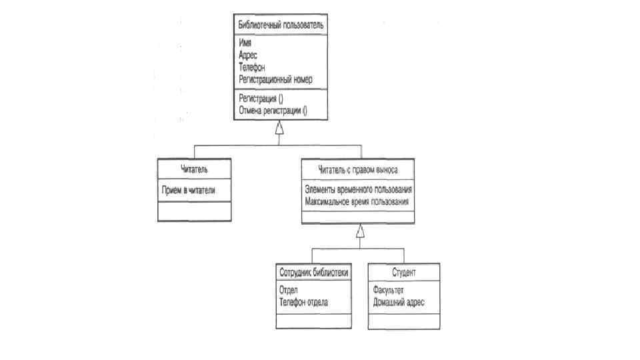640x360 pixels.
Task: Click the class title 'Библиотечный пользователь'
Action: coord(281,25)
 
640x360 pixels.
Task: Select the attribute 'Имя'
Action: coord(244,45)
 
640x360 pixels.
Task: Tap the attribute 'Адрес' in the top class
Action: coord(248,55)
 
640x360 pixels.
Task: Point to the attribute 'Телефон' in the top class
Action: coord(252,67)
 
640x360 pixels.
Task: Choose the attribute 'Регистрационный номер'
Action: coord(275,79)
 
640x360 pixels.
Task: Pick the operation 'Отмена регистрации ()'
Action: coord(272,109)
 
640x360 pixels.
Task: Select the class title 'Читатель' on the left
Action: coord(194,169)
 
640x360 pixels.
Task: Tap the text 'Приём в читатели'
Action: coord(189,190)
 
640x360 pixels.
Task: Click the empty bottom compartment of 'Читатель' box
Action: coord(194,211)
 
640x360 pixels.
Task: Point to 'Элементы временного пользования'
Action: coord(358,189)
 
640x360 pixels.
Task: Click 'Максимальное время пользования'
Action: coord(356,201)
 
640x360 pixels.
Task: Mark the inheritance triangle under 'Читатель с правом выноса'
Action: coord(360,232)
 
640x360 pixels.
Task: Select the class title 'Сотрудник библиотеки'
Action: coord(313,273)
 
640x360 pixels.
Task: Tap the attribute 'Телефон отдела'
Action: coord(304,302)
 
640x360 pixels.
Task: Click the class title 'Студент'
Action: coord(404,273)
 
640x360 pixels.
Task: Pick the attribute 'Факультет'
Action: coord(389,291)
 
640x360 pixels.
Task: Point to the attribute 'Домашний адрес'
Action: coord(399,302)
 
